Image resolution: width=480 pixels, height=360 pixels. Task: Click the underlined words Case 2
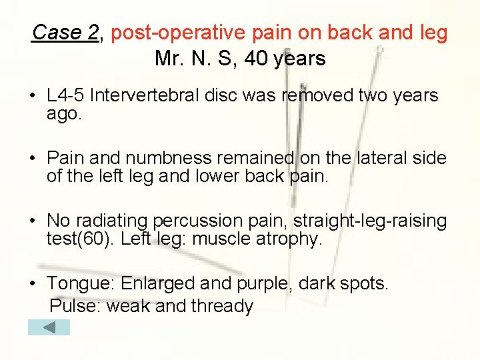click(x=65, y=32)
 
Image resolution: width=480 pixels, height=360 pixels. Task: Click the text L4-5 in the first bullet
click(x=65, y=95)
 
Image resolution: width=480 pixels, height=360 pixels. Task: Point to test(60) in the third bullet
click(x=80, y=239)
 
